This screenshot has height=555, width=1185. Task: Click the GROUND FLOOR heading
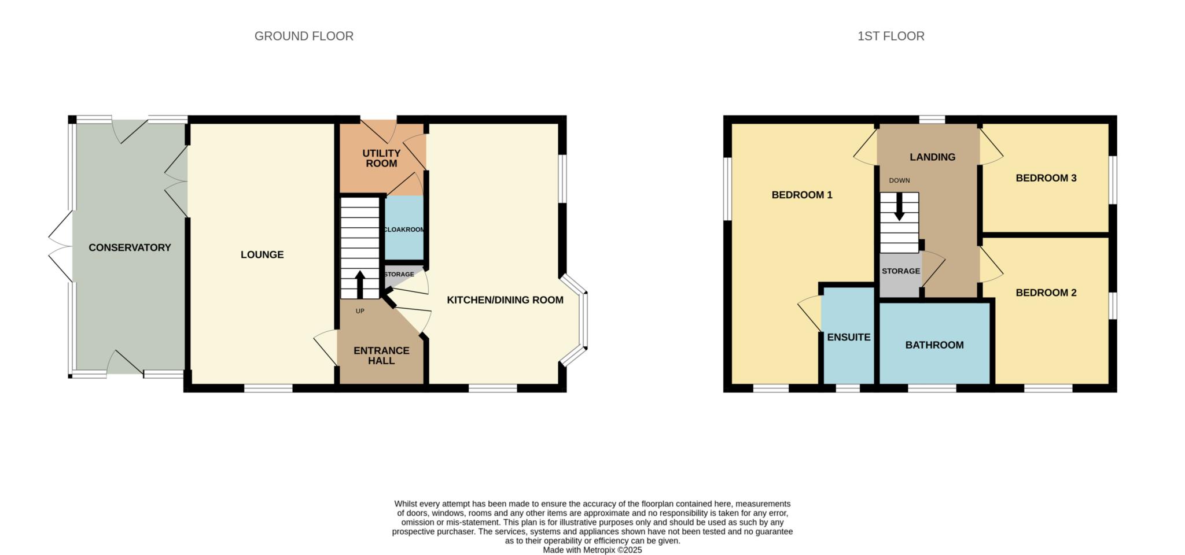(x=304, y=36)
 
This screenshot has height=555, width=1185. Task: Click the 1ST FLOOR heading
(x=890, y=36)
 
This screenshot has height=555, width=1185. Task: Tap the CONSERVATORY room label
(x=130, y=247)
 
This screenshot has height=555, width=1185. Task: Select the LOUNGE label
(x=262, y=254)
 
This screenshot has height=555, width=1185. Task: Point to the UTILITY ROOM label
(x=381, y=158)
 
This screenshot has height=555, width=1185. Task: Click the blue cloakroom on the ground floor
(x=404, y=228)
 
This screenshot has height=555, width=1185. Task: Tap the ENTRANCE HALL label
(x=381, y=356)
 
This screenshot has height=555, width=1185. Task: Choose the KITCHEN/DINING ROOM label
(x=505, y=300)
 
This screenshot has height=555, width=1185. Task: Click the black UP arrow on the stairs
(x=360, y=284)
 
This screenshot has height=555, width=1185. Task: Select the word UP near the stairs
(x=360, y=311)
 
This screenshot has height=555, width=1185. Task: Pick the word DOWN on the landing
(x=899, y=180)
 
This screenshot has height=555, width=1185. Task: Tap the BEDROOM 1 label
(x=802, y=195)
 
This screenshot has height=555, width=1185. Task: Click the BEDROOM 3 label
(x=1046, y=178)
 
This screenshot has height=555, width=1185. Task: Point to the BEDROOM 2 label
(x=1046, y=293)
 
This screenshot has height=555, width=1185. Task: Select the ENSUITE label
(x=849, y=337)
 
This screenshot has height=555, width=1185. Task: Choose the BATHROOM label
(x=934, y=345)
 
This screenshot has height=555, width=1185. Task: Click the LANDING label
(x=932, y=157)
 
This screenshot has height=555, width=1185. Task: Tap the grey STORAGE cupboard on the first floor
(x=900, y=276)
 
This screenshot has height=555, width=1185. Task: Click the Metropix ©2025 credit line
(x=592, y=550)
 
